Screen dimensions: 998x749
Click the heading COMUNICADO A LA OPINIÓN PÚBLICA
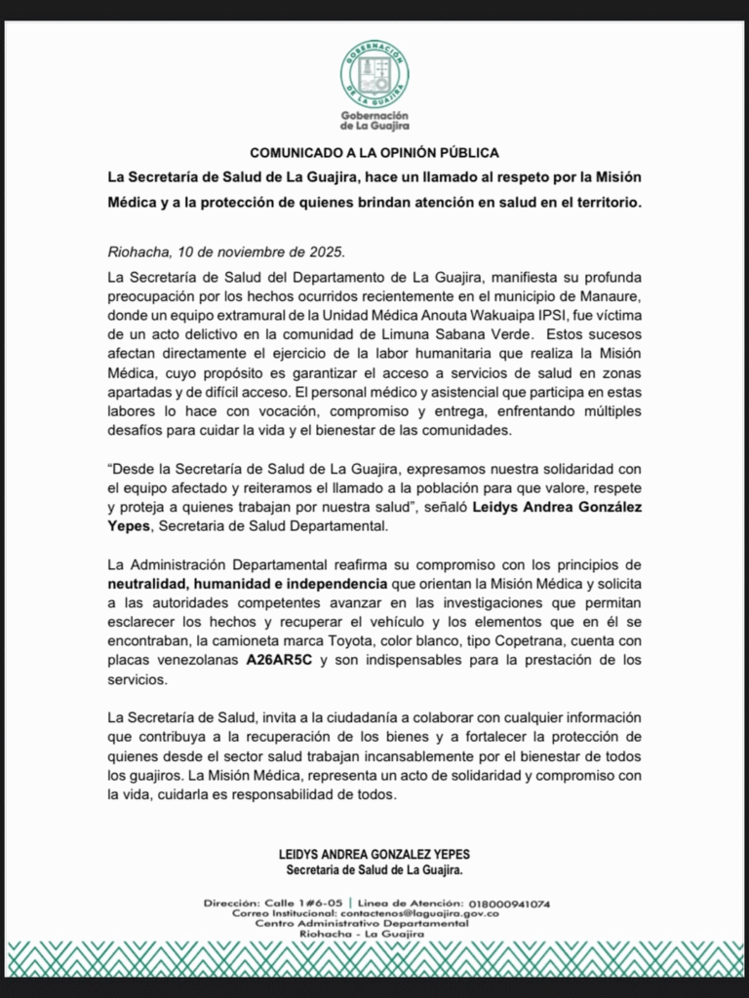(374, 153)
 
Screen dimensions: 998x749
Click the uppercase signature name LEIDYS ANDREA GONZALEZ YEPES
(374, 855)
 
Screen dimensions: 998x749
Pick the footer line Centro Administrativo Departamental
(374, 924)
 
